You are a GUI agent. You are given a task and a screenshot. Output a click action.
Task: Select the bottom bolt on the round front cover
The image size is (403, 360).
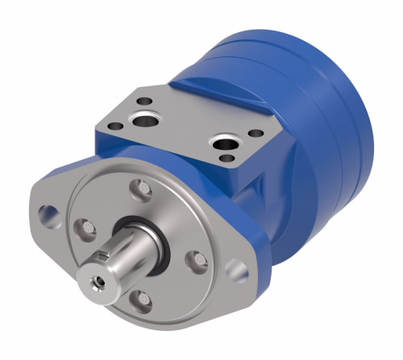click(142, 298)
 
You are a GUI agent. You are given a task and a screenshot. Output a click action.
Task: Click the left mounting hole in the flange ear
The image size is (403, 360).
click(49, 213)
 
